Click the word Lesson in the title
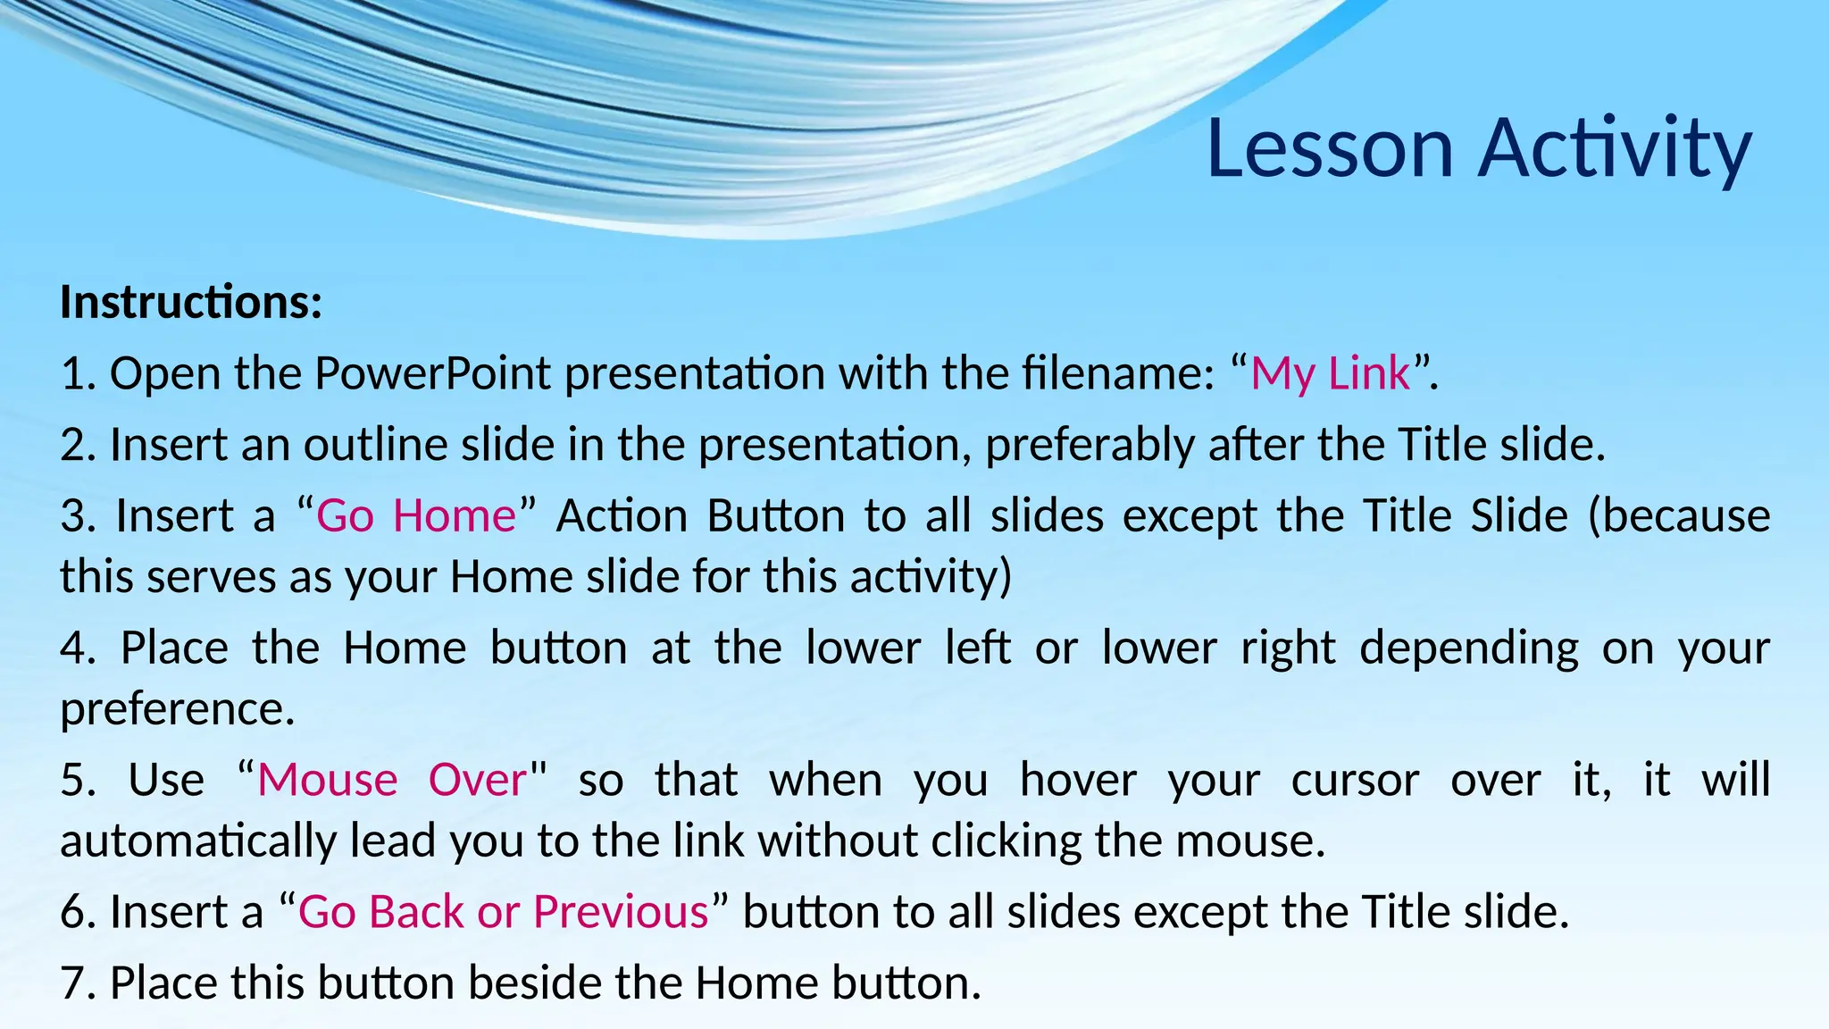point(1331,148)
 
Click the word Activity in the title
point(1615,148)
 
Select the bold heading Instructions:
point(190,302)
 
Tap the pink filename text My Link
point(1330,373)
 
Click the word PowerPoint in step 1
point(432,373)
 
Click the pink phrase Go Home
point(416,516)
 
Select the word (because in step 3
point(1678,516)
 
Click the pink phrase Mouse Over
point(391,780)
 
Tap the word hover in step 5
point(1078,780)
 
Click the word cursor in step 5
point(1355,780)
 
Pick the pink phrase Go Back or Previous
point(503,912)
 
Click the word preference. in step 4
point(177,710)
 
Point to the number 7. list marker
point(79,983)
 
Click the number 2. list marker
point(79,445)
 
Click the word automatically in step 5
point(198,841)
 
